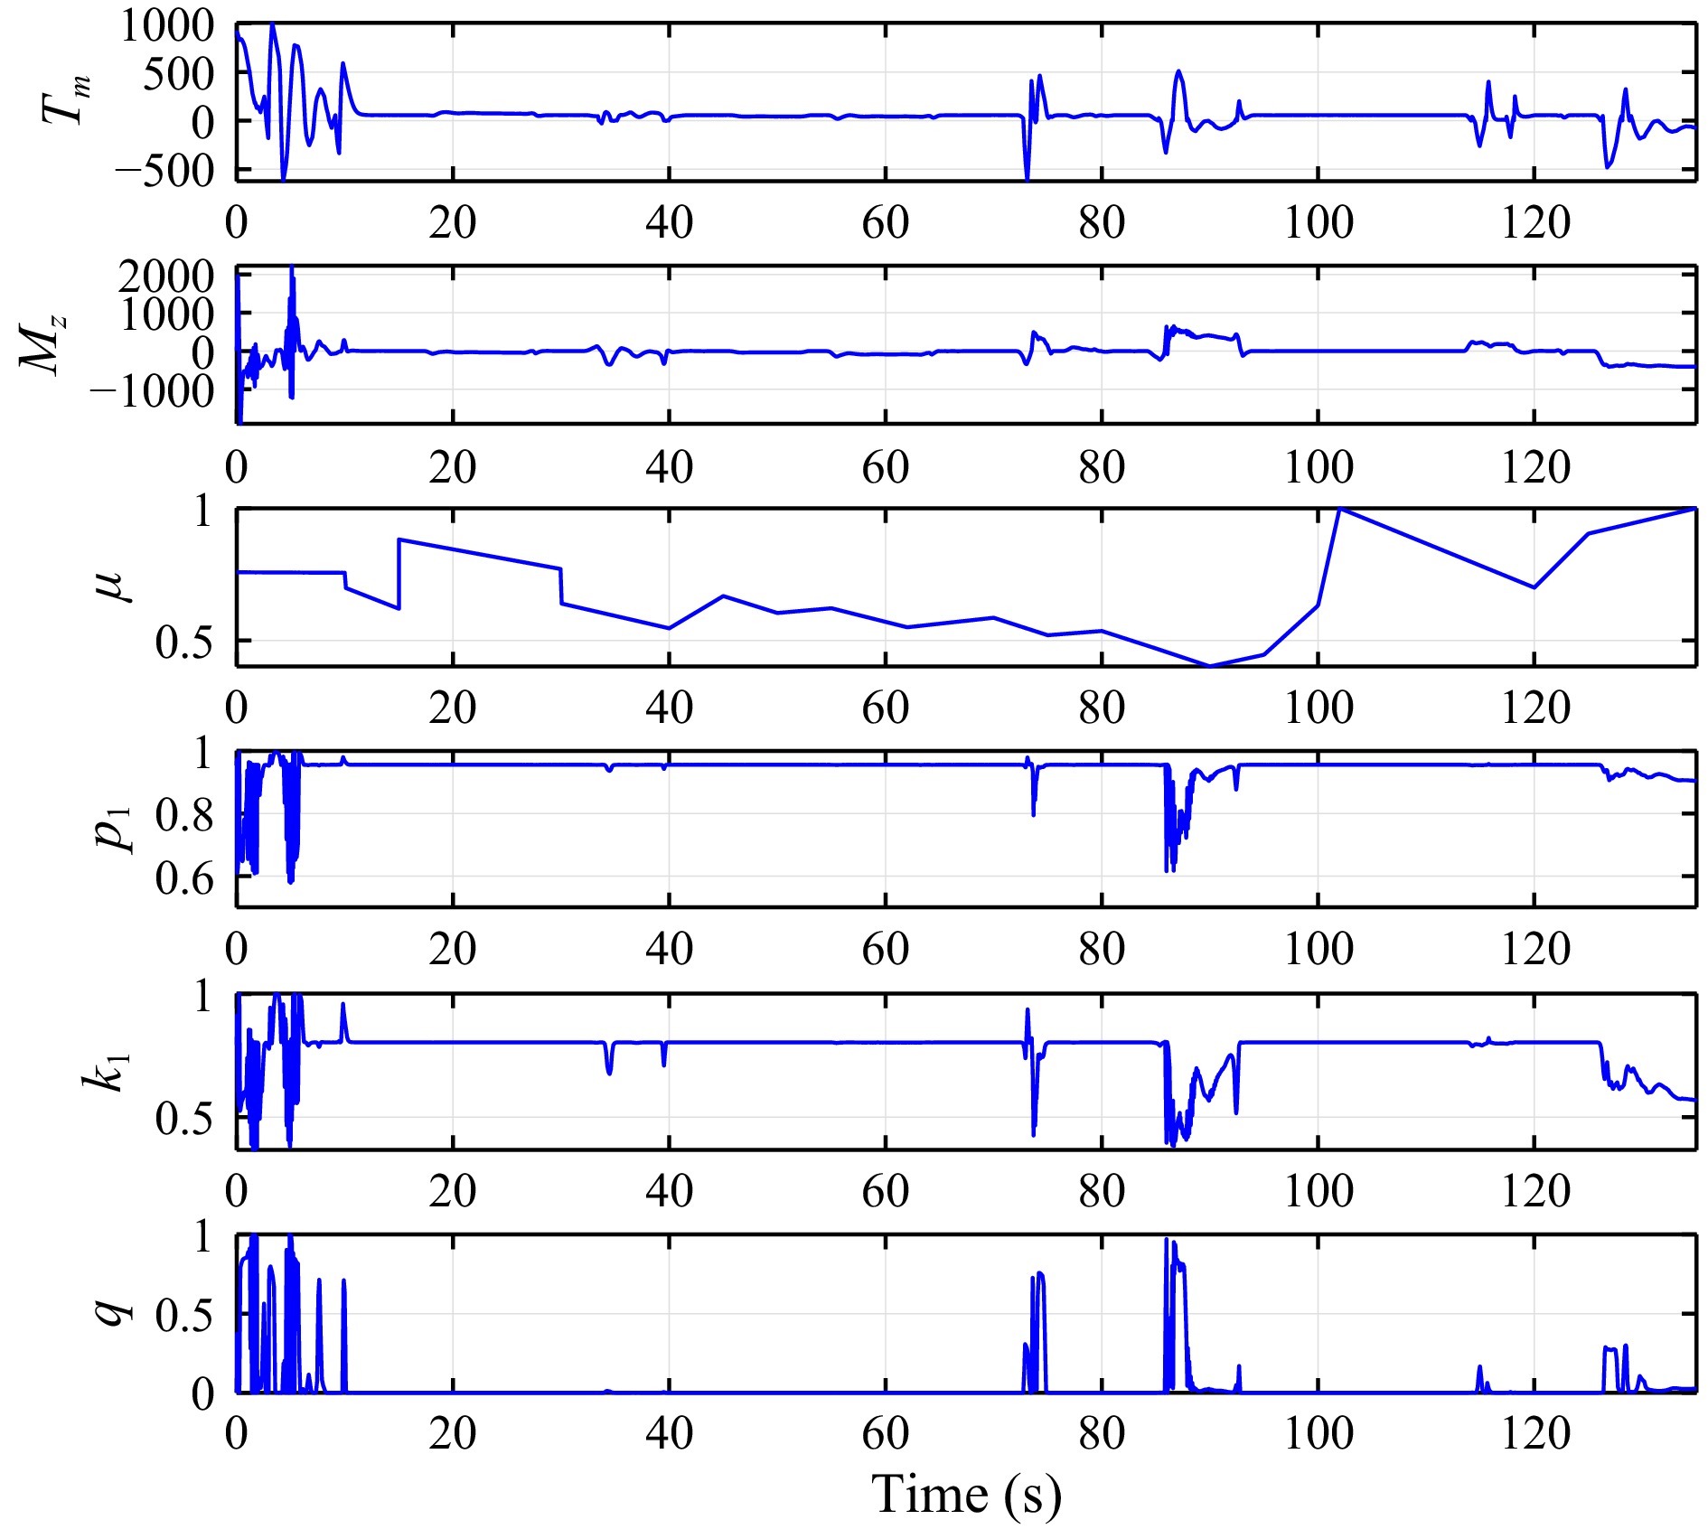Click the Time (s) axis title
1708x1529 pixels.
pyautogui.click(x=965, y=1494)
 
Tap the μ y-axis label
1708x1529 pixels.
pyautogui.click(x=114, y=586)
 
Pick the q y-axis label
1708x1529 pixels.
pyautogui.click(x=114, y=1312)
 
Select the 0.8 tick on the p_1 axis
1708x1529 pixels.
pyautogui.click(x=184, y=815)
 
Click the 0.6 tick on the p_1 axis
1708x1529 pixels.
pyautogui.click(x=184, y=877)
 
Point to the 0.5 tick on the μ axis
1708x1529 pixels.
pyautogui.click(x=184, y=642)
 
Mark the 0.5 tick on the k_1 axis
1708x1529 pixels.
pyautogui.click(x=184, y=1119)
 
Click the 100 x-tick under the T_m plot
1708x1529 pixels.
pyautogui.click(x=1318, y=222)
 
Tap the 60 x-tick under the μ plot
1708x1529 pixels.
pyautogui.click(x=885, y=708)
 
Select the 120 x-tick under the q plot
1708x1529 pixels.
pyautogui.click(x=1534, y=1433)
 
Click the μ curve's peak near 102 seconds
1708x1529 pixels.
pyautogui.click(x=1339, y=510)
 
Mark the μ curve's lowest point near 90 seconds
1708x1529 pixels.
pyautogui.click(x=1210, y=666)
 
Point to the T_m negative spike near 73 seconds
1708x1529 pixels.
pyautogui.click(x=1027, y=177)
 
